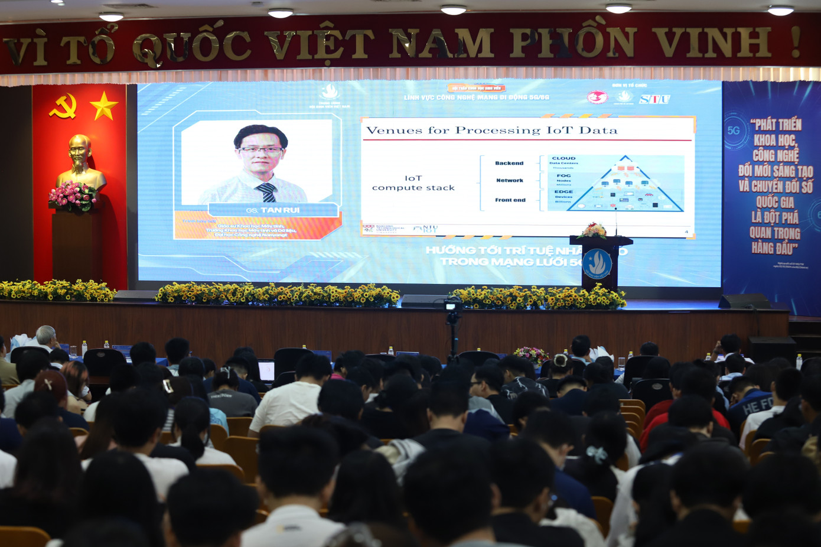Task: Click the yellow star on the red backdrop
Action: pyautogui.click(x=103, y=106)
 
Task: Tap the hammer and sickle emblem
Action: pyautogui.click(x=63, y=106)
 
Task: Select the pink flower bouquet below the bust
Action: pyautogui.click(x=73, y=196)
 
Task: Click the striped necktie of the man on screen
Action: pyautogui.click(x=267, y=192)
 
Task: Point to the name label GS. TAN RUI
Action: pyautogui.click(x=272, y=210)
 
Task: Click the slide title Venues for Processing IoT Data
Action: pyautogui.click(x=491, y=131)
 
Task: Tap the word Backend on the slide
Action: pyautogui.click(x=509, y=163)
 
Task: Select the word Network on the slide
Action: pyautogui.click(x=509, y=181)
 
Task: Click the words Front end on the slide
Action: pyautogui.click(x=510, y=200)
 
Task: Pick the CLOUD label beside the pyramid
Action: pyautogui.click(x=563, y=158)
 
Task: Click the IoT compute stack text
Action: pyautogui.click(x=413, y=183)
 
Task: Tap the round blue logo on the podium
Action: pyautogui.click(x=597, y=263)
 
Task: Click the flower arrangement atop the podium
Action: pyautogui.click(x=594, y=230)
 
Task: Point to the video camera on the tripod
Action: pyautogui.click(x=453, y=307)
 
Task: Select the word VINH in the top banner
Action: pyautogui.click(x=712, y=42)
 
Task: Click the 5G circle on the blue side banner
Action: pyautogui.click(x=734, y=131)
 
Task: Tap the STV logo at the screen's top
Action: pyautogui.click(x=654, y=99)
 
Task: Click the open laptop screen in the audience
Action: pyautogui.click(x=266, y=371)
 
